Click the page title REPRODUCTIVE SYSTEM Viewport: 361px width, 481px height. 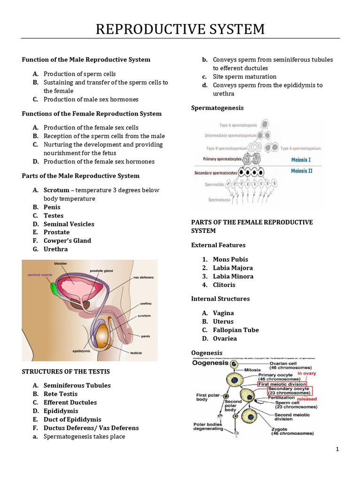click(180, 29)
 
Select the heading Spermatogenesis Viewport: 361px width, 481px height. click(217, 108)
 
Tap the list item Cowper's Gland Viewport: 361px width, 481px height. click(67, 241)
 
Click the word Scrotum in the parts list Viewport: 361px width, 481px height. click(55, 190)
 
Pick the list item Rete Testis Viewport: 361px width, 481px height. click(61, 394)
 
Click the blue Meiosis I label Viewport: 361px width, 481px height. click(301, 160)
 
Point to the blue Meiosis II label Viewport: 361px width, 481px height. click(301, 171)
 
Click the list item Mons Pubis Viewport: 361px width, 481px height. click(230, 259)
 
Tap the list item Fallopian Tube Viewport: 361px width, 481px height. click(235, 330)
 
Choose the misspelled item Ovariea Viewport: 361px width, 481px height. click(225, 339)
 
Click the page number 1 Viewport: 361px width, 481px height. click(337, 449)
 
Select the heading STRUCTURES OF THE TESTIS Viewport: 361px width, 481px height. click(66, 372)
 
